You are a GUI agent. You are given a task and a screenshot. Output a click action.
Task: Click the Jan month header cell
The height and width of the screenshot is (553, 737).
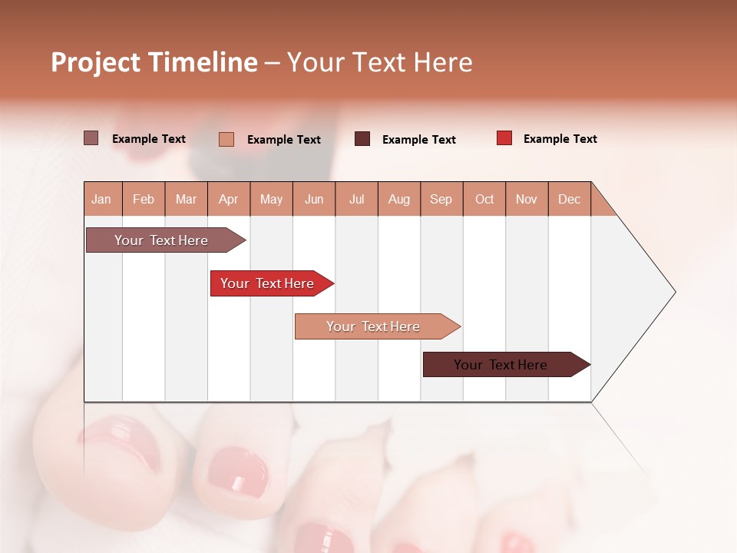102,199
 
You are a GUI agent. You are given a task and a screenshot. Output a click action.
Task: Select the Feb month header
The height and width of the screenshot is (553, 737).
144,199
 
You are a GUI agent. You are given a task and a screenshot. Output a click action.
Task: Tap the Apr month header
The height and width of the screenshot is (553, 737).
229,199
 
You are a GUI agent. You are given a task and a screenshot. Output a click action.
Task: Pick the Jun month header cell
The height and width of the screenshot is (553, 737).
314,199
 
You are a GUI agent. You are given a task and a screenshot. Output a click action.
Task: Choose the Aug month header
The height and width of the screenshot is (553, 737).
399,199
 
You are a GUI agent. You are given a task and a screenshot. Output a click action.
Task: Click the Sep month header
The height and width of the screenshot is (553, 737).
441,199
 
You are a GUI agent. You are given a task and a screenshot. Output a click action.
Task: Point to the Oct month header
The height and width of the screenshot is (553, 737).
484,199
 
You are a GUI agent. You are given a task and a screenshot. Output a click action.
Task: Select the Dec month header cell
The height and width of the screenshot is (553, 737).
570,199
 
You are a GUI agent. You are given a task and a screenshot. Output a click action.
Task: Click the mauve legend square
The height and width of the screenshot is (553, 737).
91,138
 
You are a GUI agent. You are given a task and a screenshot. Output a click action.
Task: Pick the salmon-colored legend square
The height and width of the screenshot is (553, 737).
226,139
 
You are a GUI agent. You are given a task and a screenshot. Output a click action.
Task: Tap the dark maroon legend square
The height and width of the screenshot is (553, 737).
362,139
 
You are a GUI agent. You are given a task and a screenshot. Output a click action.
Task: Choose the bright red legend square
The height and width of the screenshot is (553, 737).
504,138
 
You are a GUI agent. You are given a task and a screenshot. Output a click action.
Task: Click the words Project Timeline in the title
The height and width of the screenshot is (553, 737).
154,62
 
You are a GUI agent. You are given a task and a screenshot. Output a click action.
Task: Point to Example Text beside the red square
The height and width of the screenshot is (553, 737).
560,139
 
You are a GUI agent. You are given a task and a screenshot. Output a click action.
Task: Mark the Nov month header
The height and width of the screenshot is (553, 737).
527,199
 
